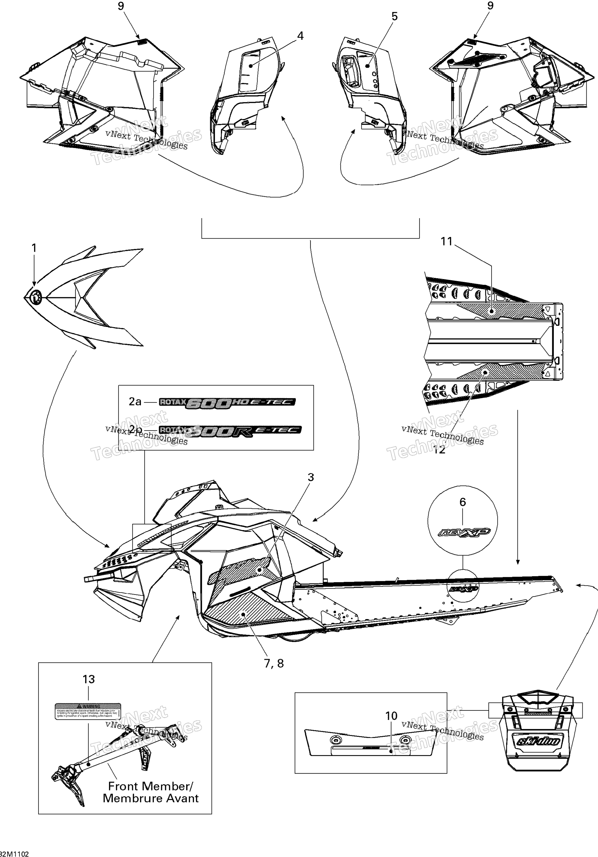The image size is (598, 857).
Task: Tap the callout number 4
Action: coord(300,36)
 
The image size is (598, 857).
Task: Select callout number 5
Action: coord(395,17)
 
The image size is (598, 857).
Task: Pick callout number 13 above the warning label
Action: coord(89,679)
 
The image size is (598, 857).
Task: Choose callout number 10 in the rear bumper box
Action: coord(391,715)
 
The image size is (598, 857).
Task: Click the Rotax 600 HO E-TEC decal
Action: coord(227,402)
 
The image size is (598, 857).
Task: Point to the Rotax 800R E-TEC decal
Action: coord(230,430)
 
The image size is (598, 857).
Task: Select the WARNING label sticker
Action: coord(88,712)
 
